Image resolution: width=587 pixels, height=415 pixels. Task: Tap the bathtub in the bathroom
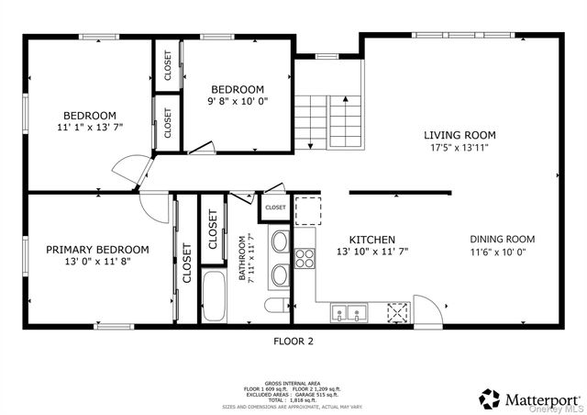point(216,296)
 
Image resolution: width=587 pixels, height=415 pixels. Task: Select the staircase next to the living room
point(328,119)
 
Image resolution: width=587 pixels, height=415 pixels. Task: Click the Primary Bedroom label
point(97,249)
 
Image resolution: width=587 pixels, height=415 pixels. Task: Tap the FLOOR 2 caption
point(293,342)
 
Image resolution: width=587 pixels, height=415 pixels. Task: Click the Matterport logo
point(529,399)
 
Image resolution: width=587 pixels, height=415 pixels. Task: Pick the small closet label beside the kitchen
point(275,207)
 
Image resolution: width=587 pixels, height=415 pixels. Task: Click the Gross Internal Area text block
point(293,392)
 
